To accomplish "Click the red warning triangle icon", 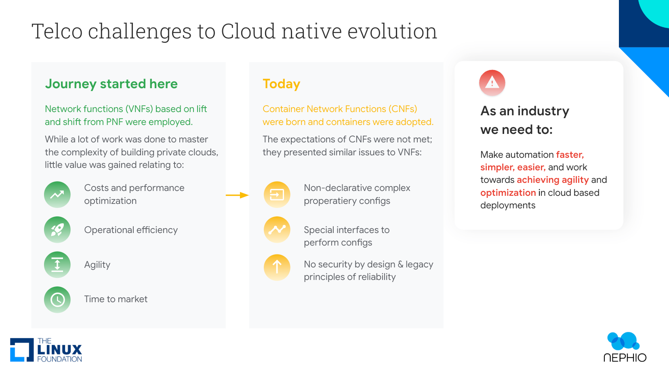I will tap(492, 83).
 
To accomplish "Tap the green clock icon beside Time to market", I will tap(57, 299).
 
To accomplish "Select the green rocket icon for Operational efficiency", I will tap(57, 230).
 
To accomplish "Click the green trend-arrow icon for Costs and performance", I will tap(57, 195).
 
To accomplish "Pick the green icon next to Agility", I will tap(57, 265).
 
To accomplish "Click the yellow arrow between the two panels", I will tap(237, 195).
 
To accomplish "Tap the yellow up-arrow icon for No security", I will tap(277, 267).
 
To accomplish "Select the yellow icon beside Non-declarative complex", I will tap(277, 195).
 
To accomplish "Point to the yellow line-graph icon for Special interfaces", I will tap(277, 230).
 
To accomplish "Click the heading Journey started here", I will tap(111, 84).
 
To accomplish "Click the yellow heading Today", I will tap(281, 84).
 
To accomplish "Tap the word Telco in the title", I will tap(57, 31).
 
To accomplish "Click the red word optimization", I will tap(508, 193).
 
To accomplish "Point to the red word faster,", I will tap(570, 155).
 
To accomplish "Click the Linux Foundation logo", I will tap(46, 350).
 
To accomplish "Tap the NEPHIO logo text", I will tap(625, 358).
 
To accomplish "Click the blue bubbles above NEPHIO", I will tap(623, 341).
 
